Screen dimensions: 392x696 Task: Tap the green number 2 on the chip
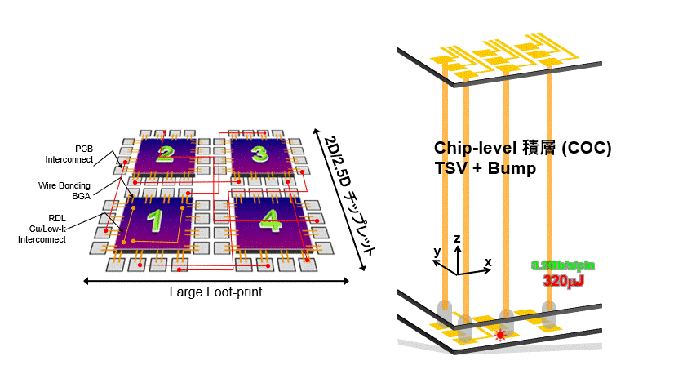point(166,154)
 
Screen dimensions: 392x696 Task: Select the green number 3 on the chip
point(259,154)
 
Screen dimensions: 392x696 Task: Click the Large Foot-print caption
point(215,292)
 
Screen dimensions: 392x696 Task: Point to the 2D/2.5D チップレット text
point(348,195)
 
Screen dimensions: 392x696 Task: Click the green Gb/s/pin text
point(558,265)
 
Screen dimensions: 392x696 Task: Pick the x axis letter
point(488,261)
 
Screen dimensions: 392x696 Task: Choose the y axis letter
point(437,252)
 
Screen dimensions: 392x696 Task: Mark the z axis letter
point(458,238)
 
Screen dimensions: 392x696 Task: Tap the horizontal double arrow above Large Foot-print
point(215,281)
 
